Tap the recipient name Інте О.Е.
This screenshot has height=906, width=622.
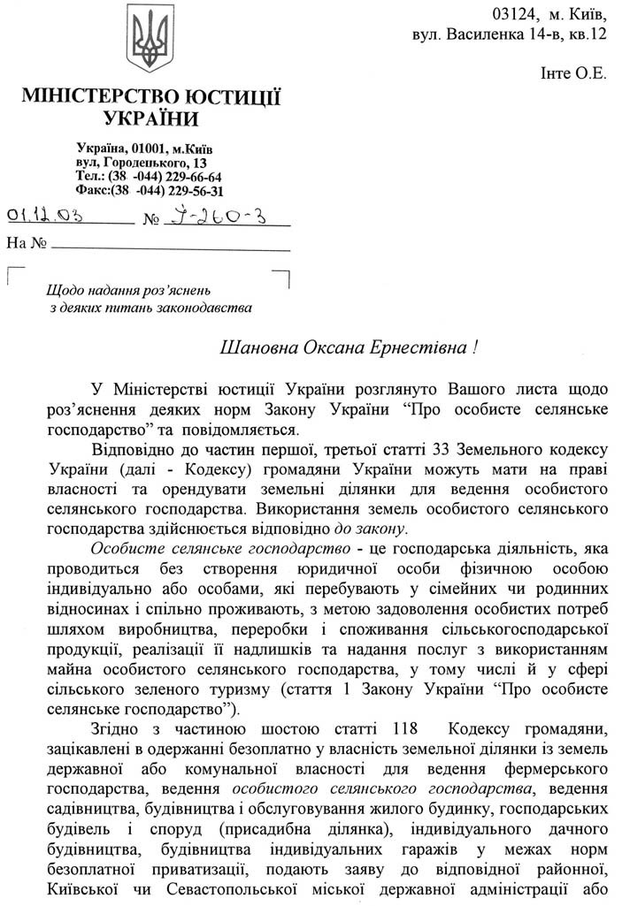pos(573,74)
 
